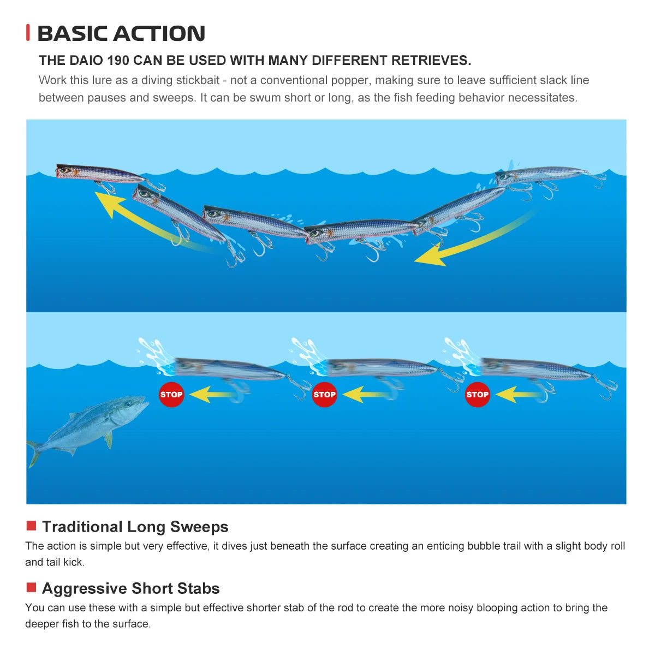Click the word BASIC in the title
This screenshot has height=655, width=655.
(x=73, y=34)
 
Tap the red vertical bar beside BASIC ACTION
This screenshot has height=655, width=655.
(x=28, y=33)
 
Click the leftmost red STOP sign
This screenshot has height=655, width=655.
(x=171, y=394)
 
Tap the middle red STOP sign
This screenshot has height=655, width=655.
(x=324, y=394)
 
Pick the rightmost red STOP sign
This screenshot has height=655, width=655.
(x=477, y=394)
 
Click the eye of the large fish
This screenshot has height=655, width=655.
(x=128, y=404)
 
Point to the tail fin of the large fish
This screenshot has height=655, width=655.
(x=33, y=453)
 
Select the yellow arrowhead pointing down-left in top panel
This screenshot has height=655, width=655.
(x=430, y=256)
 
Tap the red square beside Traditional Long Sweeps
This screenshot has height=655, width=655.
(x=31, y=526)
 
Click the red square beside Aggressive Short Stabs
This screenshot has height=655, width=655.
(x=31, y=587)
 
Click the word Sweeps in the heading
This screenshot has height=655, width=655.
(x=199, y=527)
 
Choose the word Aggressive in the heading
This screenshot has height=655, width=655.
(x=84, y=589)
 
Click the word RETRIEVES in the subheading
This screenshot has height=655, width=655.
(x=431, y=61)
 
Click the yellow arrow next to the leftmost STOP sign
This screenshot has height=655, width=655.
(x=212, y=395)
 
